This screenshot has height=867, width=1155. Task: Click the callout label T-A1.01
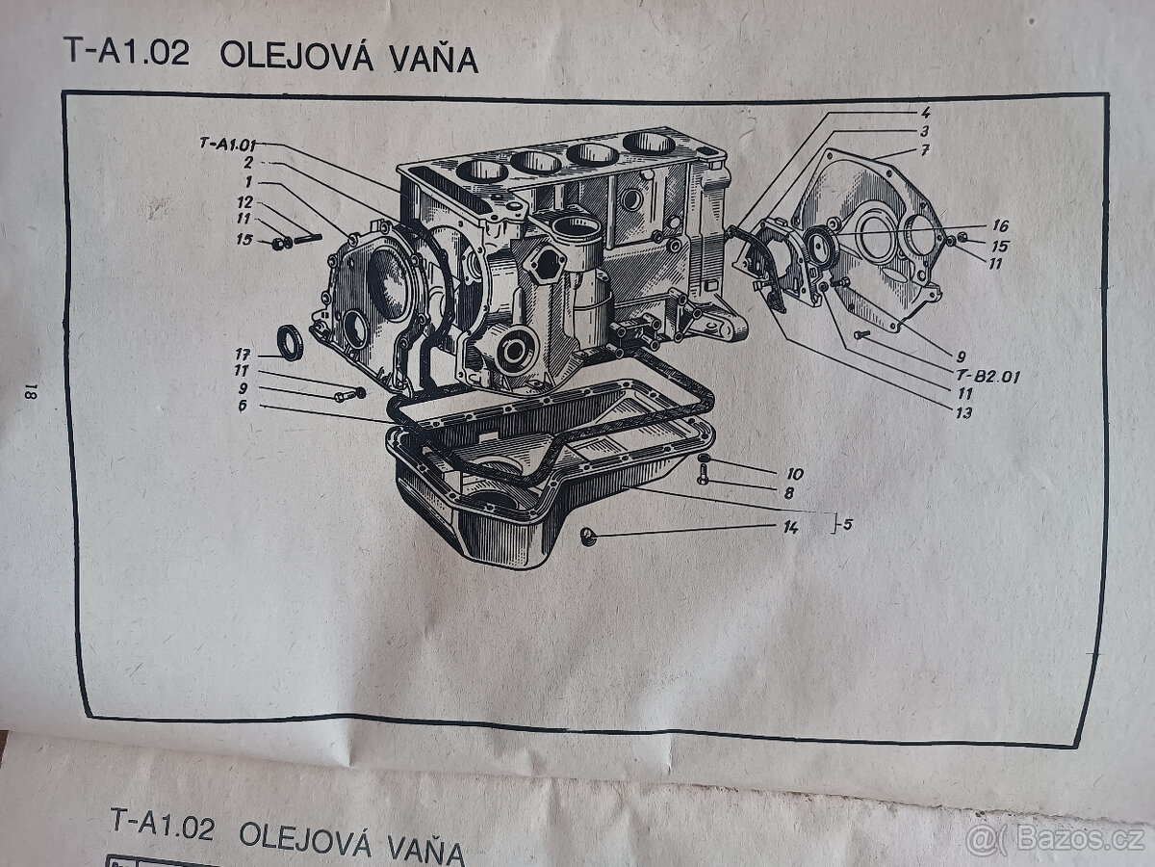point(227,144)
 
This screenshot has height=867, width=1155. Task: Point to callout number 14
point(791,528)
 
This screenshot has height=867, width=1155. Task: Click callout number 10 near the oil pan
point(794,474)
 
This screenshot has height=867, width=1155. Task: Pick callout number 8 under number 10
point(788,492)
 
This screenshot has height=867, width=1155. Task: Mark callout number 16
point(999,225)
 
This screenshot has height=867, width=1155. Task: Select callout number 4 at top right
point(925,113)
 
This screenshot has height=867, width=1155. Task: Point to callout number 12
point(244,202)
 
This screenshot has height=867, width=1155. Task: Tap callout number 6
point(244,407)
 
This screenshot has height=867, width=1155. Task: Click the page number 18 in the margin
point(31,390)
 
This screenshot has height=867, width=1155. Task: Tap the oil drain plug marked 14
point(588,536)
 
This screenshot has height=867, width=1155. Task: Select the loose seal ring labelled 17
point(288,343)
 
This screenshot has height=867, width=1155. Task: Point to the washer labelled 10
point(704,459)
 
